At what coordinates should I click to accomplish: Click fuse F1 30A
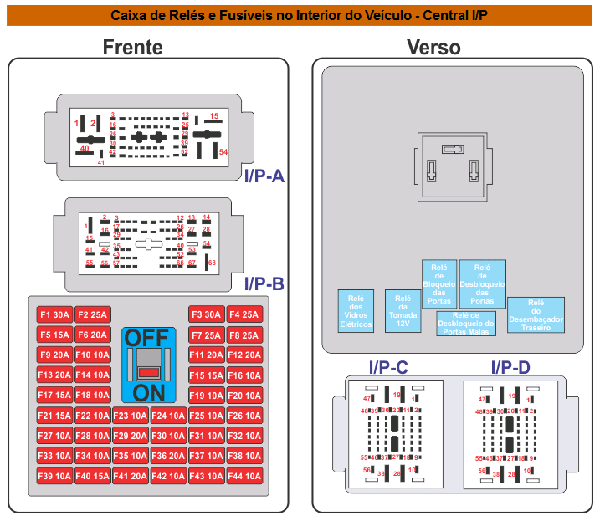pyautogui.click(x=54, y=314)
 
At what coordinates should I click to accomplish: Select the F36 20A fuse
pyautogui.click(x=169, y=456)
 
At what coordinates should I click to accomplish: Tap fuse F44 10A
pyautogui.click(x=244, y=476)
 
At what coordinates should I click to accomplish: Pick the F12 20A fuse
pyautogui.click(x=244, y=355)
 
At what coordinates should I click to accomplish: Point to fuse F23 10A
pyautogui.click(x=131, y=416)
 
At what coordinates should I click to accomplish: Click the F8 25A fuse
pyautogui.click(x=244, y=335)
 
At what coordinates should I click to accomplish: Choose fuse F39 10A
pyautogui.click(x=54, y=476)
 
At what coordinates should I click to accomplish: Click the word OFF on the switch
pyautogui.click(x=146, y=338)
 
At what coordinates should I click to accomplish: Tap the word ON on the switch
pyautogui.click(x=148, y=393)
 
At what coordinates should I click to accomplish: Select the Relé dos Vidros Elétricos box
pyautogui.click(x=356, y=312)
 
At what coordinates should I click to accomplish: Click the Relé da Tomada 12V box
pyautogui.click(x=403, y=311)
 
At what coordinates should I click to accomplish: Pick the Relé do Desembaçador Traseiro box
pyautogui.click(x=536, y=315)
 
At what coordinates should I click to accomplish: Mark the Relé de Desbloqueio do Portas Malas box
pyautogui.click(x=466, y=323)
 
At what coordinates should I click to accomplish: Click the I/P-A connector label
pyautogui.click(x=265, y=176)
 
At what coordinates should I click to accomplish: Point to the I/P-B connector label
pyautogui.click(x=264, y=283)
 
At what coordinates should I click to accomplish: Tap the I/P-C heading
pyautogui.click(x=388, y=366)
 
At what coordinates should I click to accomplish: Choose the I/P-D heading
pyautogui.click(x=510, y=366)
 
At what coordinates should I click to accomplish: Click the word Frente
pyautogui.click(x=132, y=48)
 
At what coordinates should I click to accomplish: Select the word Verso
pyautogui.click(x=433, y=48)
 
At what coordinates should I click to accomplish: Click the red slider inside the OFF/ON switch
pyautogui.click(x=149, y=371)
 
